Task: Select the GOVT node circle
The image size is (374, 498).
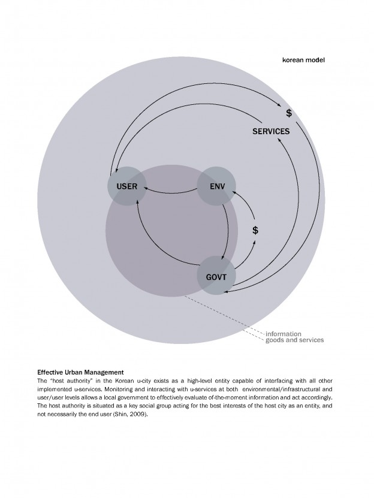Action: click(216, 276)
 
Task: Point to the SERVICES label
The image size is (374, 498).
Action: click(271, 132)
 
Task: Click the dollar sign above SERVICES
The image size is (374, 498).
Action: click(288, 113)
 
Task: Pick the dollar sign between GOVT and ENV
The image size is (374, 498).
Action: click(255, 230)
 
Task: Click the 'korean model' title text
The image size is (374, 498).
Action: click(303, 60)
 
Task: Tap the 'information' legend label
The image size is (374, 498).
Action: click(283, 333)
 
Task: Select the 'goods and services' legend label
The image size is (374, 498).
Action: click(294, 340)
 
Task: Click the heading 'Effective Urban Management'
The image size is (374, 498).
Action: click(80, 372)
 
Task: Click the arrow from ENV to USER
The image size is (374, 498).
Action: click(171, 191)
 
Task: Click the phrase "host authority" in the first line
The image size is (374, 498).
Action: click(73, 381)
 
